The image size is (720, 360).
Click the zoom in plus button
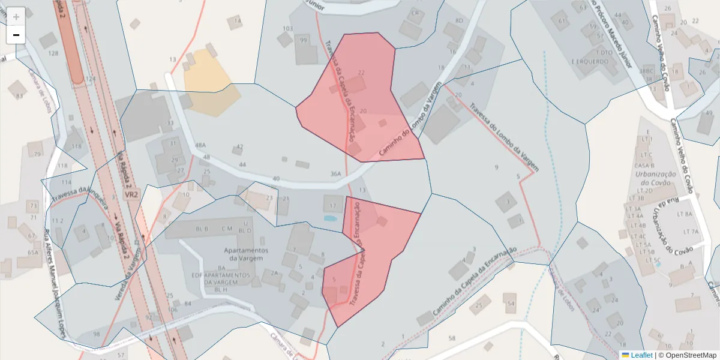pos(16,17)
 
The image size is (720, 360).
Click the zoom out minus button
pos(16,35)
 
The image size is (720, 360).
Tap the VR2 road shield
pos(132,196)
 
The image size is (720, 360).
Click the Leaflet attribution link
pos(641,355)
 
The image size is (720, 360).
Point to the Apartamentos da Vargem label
pos(245,254)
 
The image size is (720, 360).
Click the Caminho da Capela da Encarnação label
pos(474,283)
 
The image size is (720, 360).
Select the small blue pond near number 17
pos(329,218)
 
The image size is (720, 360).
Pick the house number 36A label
pos(335,174)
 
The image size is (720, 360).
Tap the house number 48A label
pos(200,146)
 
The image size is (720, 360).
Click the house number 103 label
pos(287,28)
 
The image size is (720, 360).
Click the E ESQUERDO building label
pos(590,61)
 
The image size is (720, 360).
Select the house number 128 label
pos(53,53)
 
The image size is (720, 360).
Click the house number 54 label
pos(511,304)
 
